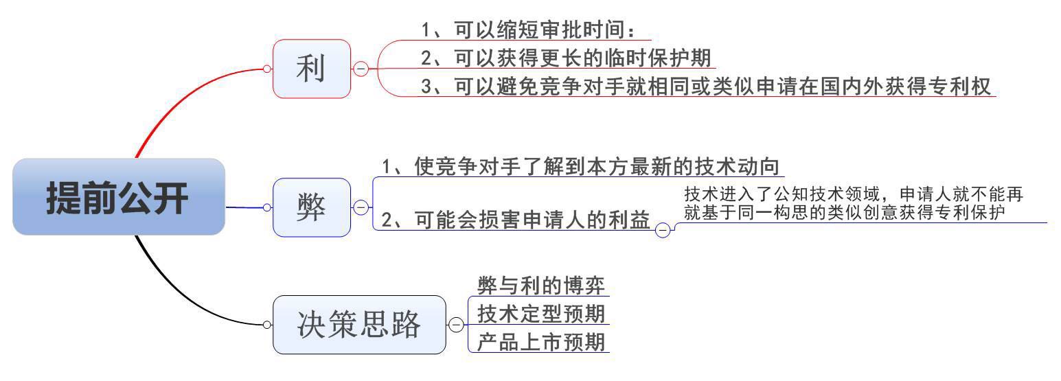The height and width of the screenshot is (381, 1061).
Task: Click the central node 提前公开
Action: pos(118,197)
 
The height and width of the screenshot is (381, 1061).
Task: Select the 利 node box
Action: pos(312,69)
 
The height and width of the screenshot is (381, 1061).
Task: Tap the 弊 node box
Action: pos(312,207)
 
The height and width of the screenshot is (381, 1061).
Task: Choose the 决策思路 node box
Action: pos(359,325)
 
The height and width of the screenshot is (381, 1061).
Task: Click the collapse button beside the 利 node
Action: pos(361,69)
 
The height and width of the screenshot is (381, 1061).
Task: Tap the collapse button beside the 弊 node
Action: pos(361,207)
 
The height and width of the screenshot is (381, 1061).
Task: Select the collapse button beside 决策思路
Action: pos(456,325)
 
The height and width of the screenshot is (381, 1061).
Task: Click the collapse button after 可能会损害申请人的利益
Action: pos(663,230)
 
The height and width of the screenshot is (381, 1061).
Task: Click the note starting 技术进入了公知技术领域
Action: pos(854,203)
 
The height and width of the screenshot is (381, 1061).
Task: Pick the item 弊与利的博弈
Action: pos(541,286)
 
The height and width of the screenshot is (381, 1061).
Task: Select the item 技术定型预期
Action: pos(541,314)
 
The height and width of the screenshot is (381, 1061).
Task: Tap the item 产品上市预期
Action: pos(541,342)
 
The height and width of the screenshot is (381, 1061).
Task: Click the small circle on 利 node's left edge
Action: pos(267,69)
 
